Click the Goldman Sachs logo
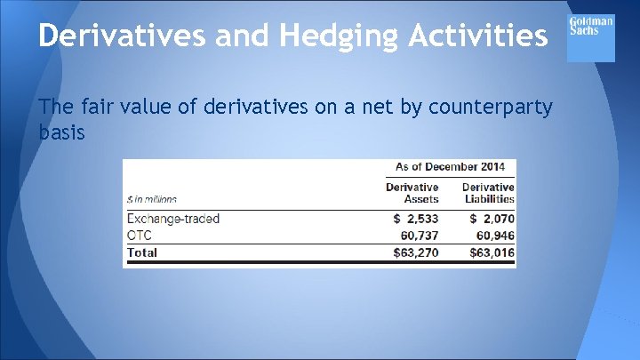(x=591, y=38)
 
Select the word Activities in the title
(x=471, y=36)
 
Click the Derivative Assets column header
(x=412, y=193)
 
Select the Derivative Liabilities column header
(x=488, y=193)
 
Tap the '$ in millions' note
(x=152, y=200)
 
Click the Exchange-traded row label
(x=173, y=219)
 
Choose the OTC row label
(x=141, y=236)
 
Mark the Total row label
(x=142, y=252)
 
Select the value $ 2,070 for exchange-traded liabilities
(x=492, y=219)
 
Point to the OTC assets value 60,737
(x=420, y=236)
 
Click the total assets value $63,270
(x=416, y=252)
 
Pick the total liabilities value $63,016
(x=492, y=252)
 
